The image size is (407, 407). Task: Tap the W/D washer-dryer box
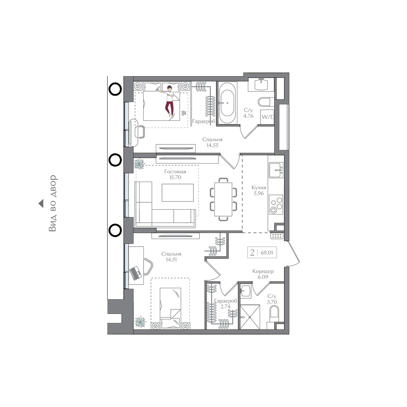tap(267, 117)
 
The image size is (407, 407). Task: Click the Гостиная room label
tap(175, 172)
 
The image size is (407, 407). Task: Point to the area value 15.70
tap(175, 177)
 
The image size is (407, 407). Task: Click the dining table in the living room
tap(223, 199)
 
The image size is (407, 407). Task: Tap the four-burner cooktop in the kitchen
tap(276, 205)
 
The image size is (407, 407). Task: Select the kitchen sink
tap(276, 170)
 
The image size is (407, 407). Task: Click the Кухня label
tap(259, 187)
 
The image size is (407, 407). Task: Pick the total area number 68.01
tap(267, 253)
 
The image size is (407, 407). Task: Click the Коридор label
tap(263, 271)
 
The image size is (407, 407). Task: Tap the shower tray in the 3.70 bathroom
tap(250, 317)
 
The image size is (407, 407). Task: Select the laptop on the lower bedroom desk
tap(136, 273)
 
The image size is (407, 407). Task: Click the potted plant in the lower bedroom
tap(140, 322)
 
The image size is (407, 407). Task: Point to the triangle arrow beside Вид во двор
tap(41, 204)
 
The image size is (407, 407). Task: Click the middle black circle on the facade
tap(115, 160)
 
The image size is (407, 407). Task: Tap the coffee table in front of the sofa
tap(177, 193)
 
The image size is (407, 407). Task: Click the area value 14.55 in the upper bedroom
tap(212, 145)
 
